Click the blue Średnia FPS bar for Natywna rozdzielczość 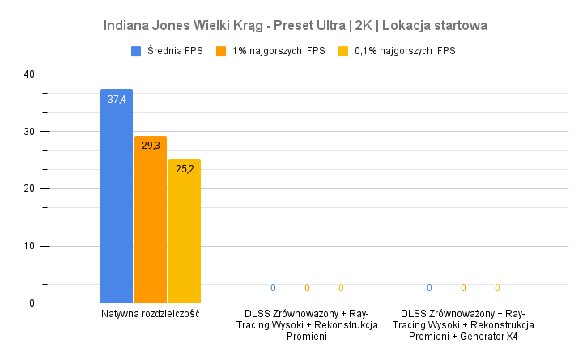point(117,202)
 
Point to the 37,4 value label point(117,100)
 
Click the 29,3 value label point(151,146)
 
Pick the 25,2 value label point(185,169)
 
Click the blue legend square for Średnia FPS point(137,51)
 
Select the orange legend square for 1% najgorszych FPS point(221,51)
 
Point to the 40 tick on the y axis point(29,74)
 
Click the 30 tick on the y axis point(29,132)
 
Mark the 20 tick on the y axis point(29,189)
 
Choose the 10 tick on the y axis point(29,246)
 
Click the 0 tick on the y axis point(32,303)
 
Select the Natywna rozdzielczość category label point(151,314)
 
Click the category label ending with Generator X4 point(463,325)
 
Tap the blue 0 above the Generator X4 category point(429,288)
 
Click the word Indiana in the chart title point(127,25)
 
